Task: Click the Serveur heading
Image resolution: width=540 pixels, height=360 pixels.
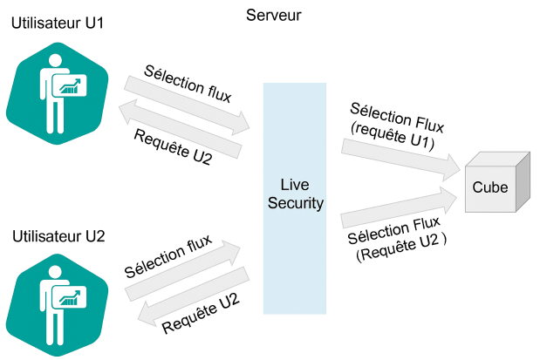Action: [x=275, y=15]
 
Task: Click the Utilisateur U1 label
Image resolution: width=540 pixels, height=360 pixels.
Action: [x=58, y=24]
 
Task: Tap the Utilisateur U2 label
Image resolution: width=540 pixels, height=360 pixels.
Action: [x=58, y=236]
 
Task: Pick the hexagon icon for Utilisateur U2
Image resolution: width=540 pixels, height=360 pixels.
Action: [x=58, y=304]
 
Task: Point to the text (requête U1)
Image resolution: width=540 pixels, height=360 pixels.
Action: [x=392, y=134]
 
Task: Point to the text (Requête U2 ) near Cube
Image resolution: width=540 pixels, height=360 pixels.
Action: [x=401, y=254]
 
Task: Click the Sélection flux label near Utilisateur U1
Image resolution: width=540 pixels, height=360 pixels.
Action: [x=188, y=84]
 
